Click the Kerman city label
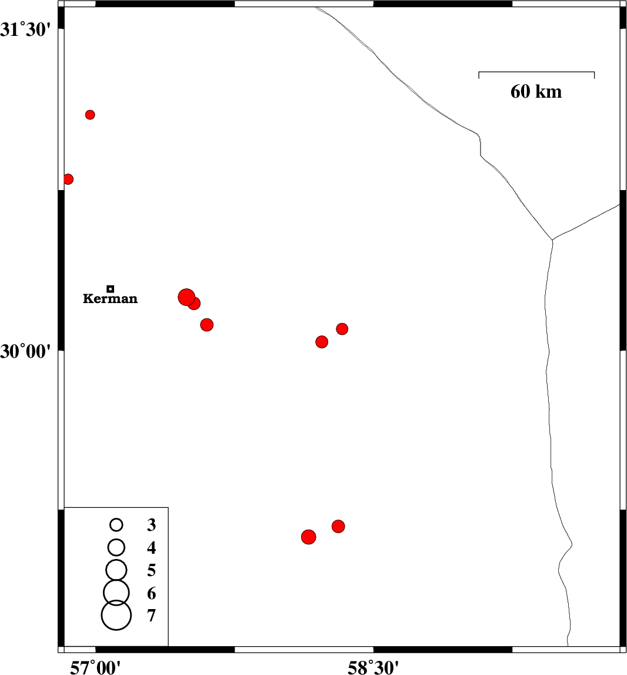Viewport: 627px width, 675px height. tap(110, 298)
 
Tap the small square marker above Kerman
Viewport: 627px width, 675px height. tap(110, 289)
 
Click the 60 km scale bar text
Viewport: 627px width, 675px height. tap(536, 92)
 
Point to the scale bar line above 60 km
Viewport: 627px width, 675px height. tap(536, 72)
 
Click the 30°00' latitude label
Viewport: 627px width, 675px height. tap(25, 351)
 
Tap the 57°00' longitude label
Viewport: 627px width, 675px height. tap(95, 667)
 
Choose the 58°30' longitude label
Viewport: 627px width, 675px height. tap(373, 667)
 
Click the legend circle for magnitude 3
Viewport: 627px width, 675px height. tap(116, 525)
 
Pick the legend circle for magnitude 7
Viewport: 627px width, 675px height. tap(116, 615)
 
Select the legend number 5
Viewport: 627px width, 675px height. tap(151, 570)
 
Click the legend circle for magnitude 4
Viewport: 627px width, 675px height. tap(116, 547)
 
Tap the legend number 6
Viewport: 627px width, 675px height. tap(151, 593)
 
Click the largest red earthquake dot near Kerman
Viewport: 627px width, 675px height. tap(186, 297)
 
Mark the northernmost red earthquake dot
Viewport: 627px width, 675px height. tap(90, 115)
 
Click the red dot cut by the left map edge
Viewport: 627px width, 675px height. tap(68, 179)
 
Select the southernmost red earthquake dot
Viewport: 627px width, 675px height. tap(309, 537)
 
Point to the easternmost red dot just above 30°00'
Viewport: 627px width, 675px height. tap(342, 329)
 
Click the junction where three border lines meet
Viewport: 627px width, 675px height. tap(552, 240)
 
